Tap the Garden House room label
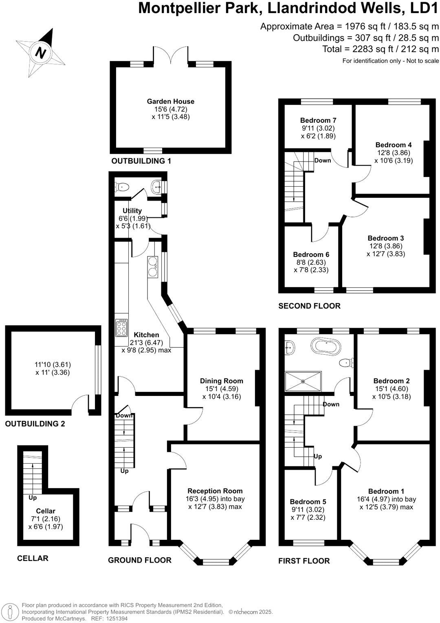(171, 102)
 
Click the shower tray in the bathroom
(303, 382)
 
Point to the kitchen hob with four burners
(121, 327)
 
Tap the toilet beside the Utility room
(123, 187)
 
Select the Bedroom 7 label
(318, 120)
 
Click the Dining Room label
(222, 381)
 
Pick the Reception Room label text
(215, 491)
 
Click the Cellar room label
(46, 511)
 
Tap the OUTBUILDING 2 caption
(35, 424)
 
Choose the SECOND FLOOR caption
(309, 306)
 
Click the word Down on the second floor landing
(323, 160)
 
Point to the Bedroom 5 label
(308, 501)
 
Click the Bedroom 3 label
(385, 238)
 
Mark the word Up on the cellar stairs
(33, 498)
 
